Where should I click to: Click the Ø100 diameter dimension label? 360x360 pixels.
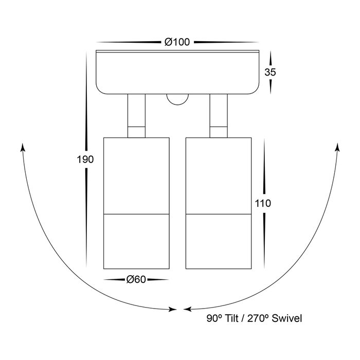click(177, 42)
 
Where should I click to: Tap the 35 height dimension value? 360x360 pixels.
click(270, 72)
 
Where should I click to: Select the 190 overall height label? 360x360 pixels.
click(85, 159)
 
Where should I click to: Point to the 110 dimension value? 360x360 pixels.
click(263, 203)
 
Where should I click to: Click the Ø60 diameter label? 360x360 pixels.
click(136, 279)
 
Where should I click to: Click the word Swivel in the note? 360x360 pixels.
click(287, 318)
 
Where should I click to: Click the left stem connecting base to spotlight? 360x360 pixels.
click(136, 116)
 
